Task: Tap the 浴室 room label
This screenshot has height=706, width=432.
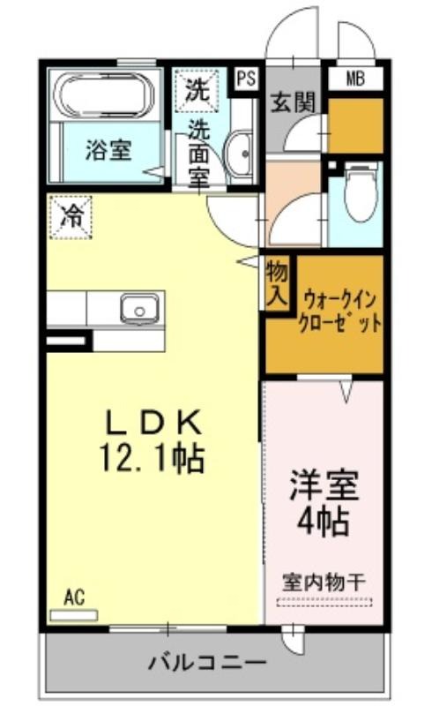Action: (108, 150)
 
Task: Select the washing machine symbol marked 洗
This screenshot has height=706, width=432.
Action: (197, 90)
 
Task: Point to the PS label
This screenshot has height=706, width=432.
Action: (246, 79)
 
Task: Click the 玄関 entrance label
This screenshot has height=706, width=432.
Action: (292, 102)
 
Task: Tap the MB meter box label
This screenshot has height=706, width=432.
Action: (355, 79)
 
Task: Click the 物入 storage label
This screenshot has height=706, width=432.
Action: (277, 283)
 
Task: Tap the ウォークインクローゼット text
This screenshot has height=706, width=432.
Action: (339, 311)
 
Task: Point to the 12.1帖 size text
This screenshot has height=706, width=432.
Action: (153, 458)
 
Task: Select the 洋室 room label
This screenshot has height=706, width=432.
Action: (324, 486)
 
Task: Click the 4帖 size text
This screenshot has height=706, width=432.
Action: (323, 522)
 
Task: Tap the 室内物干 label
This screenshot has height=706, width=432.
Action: (323, 582)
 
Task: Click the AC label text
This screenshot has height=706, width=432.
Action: (74, 597)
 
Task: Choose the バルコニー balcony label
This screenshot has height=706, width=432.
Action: (208, 663)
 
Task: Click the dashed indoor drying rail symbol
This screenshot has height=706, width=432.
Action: (324, 602)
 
